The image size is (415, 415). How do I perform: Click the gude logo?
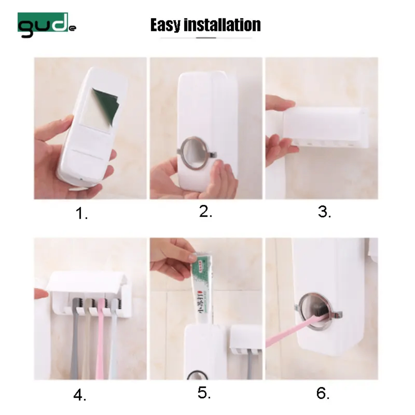coord(46,25)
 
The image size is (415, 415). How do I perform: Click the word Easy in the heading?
coord(166,25)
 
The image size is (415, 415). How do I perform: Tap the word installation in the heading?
coord(222,25)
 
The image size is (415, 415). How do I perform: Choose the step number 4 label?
coord(80,395)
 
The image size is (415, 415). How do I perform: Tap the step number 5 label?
coord(204,392)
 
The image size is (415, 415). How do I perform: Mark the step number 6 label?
coord(323,392)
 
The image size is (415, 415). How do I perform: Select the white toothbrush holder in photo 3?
coord(325,127)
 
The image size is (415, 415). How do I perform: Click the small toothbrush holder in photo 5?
coord(246,338)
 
